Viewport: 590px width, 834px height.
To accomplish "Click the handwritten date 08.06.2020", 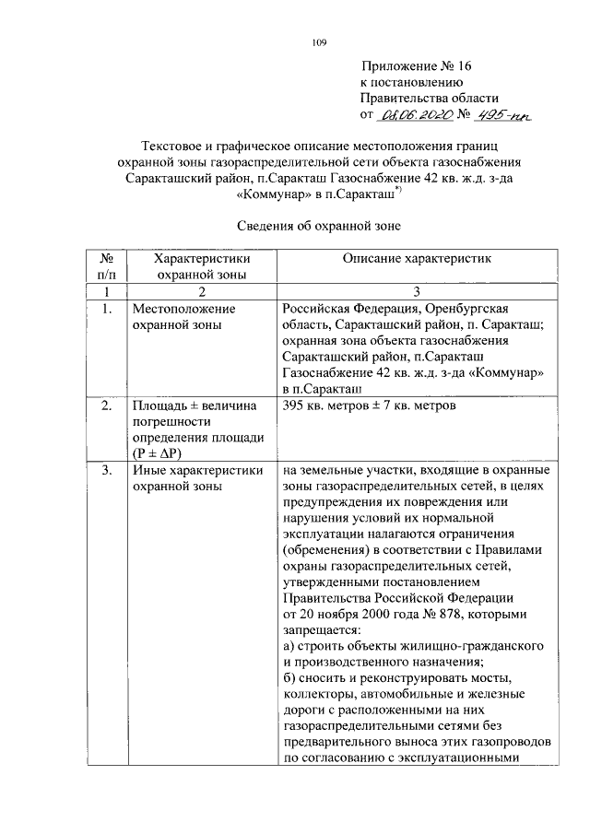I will click(x=418, y=114).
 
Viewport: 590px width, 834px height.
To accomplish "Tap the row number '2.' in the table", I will click(x=107, y=405).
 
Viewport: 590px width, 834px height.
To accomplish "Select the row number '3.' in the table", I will click(x=107, y=471).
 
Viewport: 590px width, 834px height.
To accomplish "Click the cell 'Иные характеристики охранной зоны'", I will click(x=192, y=478).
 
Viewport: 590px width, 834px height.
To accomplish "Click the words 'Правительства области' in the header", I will click(x=429, y=98).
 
